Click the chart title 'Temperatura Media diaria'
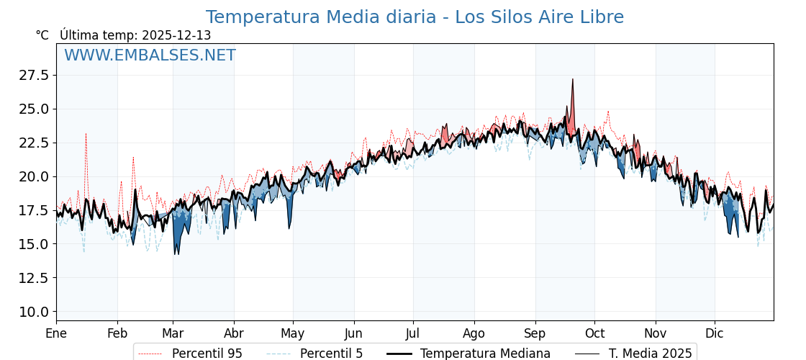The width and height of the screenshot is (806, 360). pos(415,17)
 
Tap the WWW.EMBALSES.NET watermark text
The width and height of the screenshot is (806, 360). pos(150,55)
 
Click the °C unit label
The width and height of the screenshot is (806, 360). pos(42,35)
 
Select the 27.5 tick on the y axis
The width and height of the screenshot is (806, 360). pos(34,76)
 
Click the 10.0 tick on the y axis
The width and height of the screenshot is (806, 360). pos(34,312)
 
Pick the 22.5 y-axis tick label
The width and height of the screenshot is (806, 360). pos(34,143)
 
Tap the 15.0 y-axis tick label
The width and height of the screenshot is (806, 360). pos(34,244)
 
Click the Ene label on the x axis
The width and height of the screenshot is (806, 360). pos(56,333)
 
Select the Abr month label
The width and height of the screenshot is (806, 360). pos(234,333)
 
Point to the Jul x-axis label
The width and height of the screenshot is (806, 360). pos(413,333)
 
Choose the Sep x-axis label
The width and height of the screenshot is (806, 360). pos(535,333)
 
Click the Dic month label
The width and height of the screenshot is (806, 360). pos(715,333)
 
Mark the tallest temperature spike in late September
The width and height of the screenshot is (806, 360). pos(573,79)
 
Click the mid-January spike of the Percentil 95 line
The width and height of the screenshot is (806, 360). pos(86,134)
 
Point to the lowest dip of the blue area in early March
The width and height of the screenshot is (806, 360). pos(176,253)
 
